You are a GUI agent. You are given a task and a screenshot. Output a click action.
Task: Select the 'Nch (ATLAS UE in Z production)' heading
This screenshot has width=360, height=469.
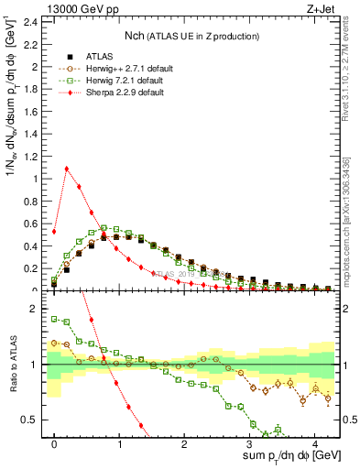(x=192, y=36)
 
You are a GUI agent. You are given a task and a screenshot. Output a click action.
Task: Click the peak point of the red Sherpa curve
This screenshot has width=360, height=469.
(x=67, y=169)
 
